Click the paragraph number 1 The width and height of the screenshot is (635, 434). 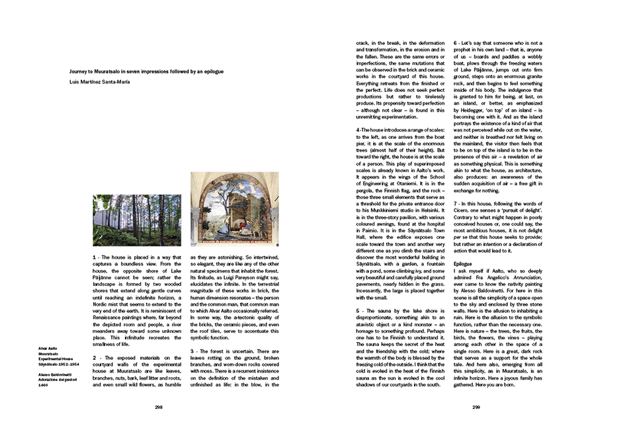point(95,255)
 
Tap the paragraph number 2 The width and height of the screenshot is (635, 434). point(95,357)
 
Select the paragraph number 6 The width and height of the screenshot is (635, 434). point(456,44)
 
